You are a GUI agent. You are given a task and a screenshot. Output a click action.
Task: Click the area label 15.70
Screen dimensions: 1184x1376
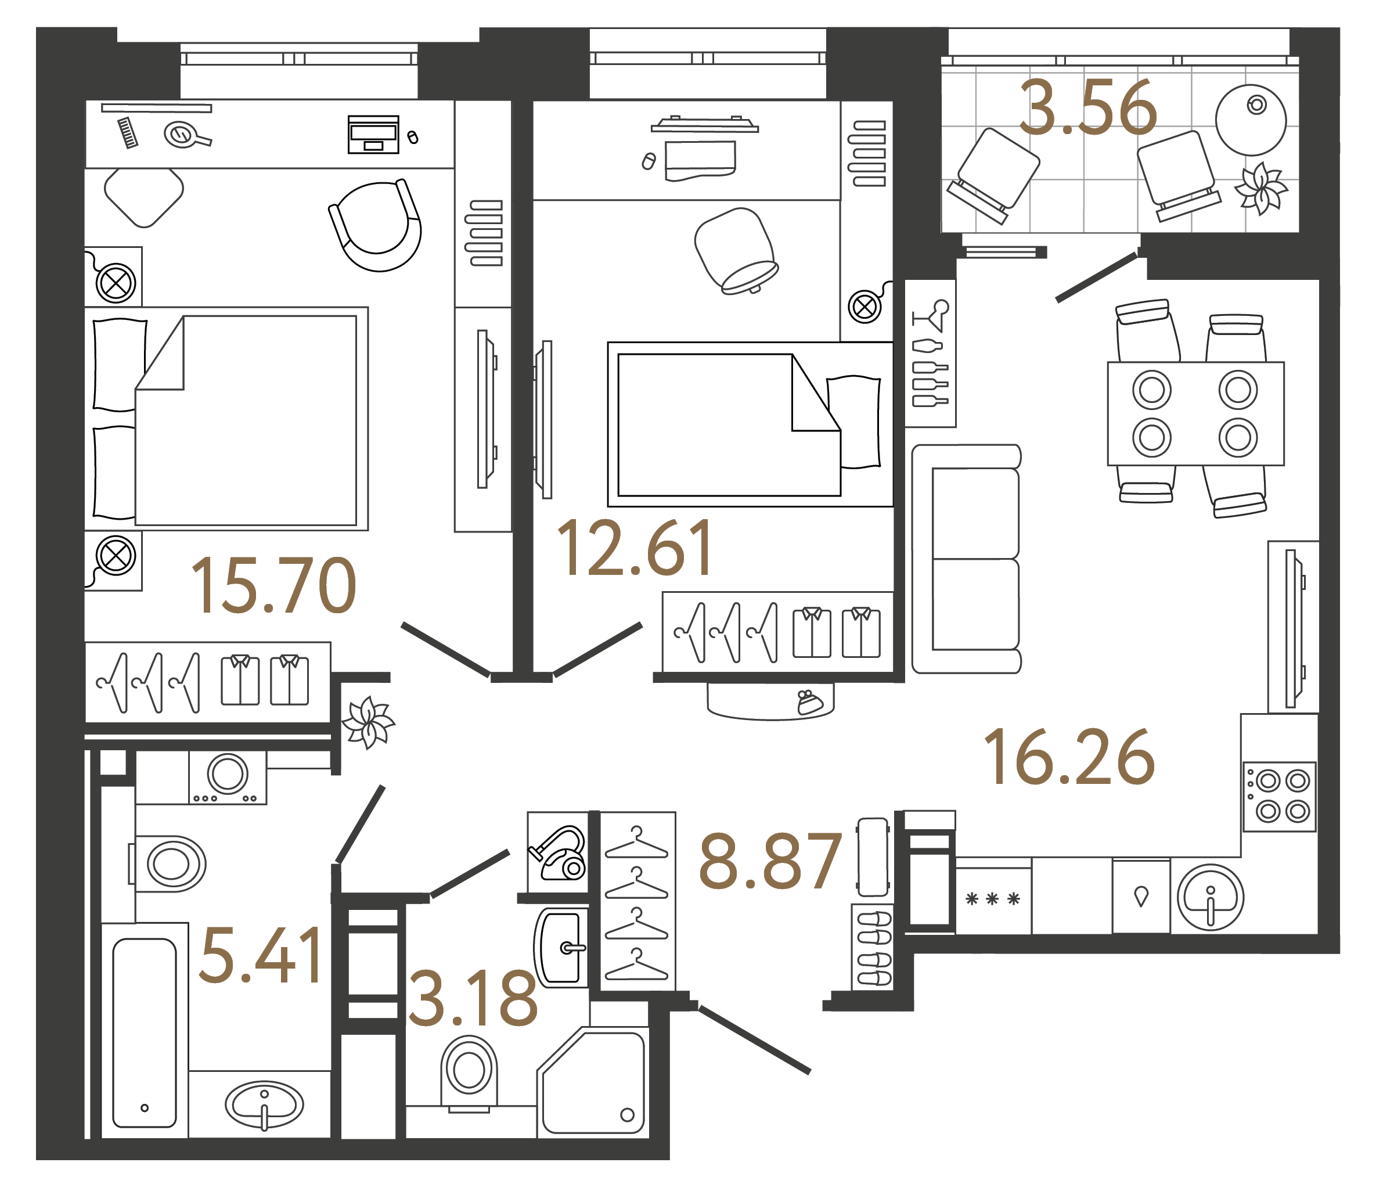click(273, 586)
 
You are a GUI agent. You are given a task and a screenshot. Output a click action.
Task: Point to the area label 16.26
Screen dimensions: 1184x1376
click(1069, 757)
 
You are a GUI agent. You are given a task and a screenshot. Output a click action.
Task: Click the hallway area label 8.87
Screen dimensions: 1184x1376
click(770, 861)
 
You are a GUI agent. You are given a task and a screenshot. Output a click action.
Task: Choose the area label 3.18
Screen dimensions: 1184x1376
click(472, 998)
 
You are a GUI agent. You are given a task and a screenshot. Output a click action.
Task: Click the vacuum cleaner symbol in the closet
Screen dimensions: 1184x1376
click(559, 853)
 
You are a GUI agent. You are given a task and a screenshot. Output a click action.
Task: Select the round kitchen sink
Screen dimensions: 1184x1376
click(1210, 897)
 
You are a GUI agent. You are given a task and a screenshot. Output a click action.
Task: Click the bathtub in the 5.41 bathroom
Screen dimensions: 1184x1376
click(145, 1032)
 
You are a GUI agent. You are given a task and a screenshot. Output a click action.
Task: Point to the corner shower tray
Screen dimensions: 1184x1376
click(593, 1083)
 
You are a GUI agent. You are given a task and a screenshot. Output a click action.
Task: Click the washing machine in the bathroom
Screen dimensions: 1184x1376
click(228, 777)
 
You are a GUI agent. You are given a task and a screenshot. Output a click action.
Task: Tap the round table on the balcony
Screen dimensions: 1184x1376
click(1251, 120)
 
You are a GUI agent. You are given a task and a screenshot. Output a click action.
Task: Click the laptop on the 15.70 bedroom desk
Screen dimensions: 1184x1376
click(373, 134)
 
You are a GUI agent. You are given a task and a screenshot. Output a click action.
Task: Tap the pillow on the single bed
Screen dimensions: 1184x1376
click(854, 422)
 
